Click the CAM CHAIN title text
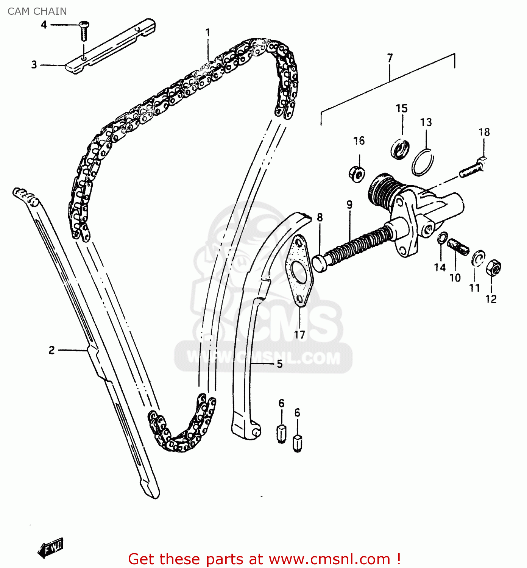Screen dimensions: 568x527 click(x=37, y=11)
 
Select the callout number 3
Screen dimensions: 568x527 click(x=34, y=65)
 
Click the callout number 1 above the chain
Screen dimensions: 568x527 click(x=207, y=33)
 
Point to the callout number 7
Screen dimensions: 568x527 click(x=390, y=58)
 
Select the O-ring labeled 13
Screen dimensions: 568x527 click(x=423, y=162)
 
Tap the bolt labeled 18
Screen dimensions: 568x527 click(x=472, y=168)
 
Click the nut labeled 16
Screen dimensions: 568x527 click(x=357, y=174)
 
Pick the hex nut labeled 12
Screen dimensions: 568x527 click(x=493, y=268)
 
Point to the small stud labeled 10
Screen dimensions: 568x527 click(x=458, y=247)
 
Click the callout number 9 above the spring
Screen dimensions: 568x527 click(x=349, y=205)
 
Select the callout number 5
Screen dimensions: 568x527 click(x=279, y=364)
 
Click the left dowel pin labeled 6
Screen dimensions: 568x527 click(x=281, y=434)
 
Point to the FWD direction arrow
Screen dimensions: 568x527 click(x=51, y=548)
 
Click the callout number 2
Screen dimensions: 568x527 click(x=51, y=350)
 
